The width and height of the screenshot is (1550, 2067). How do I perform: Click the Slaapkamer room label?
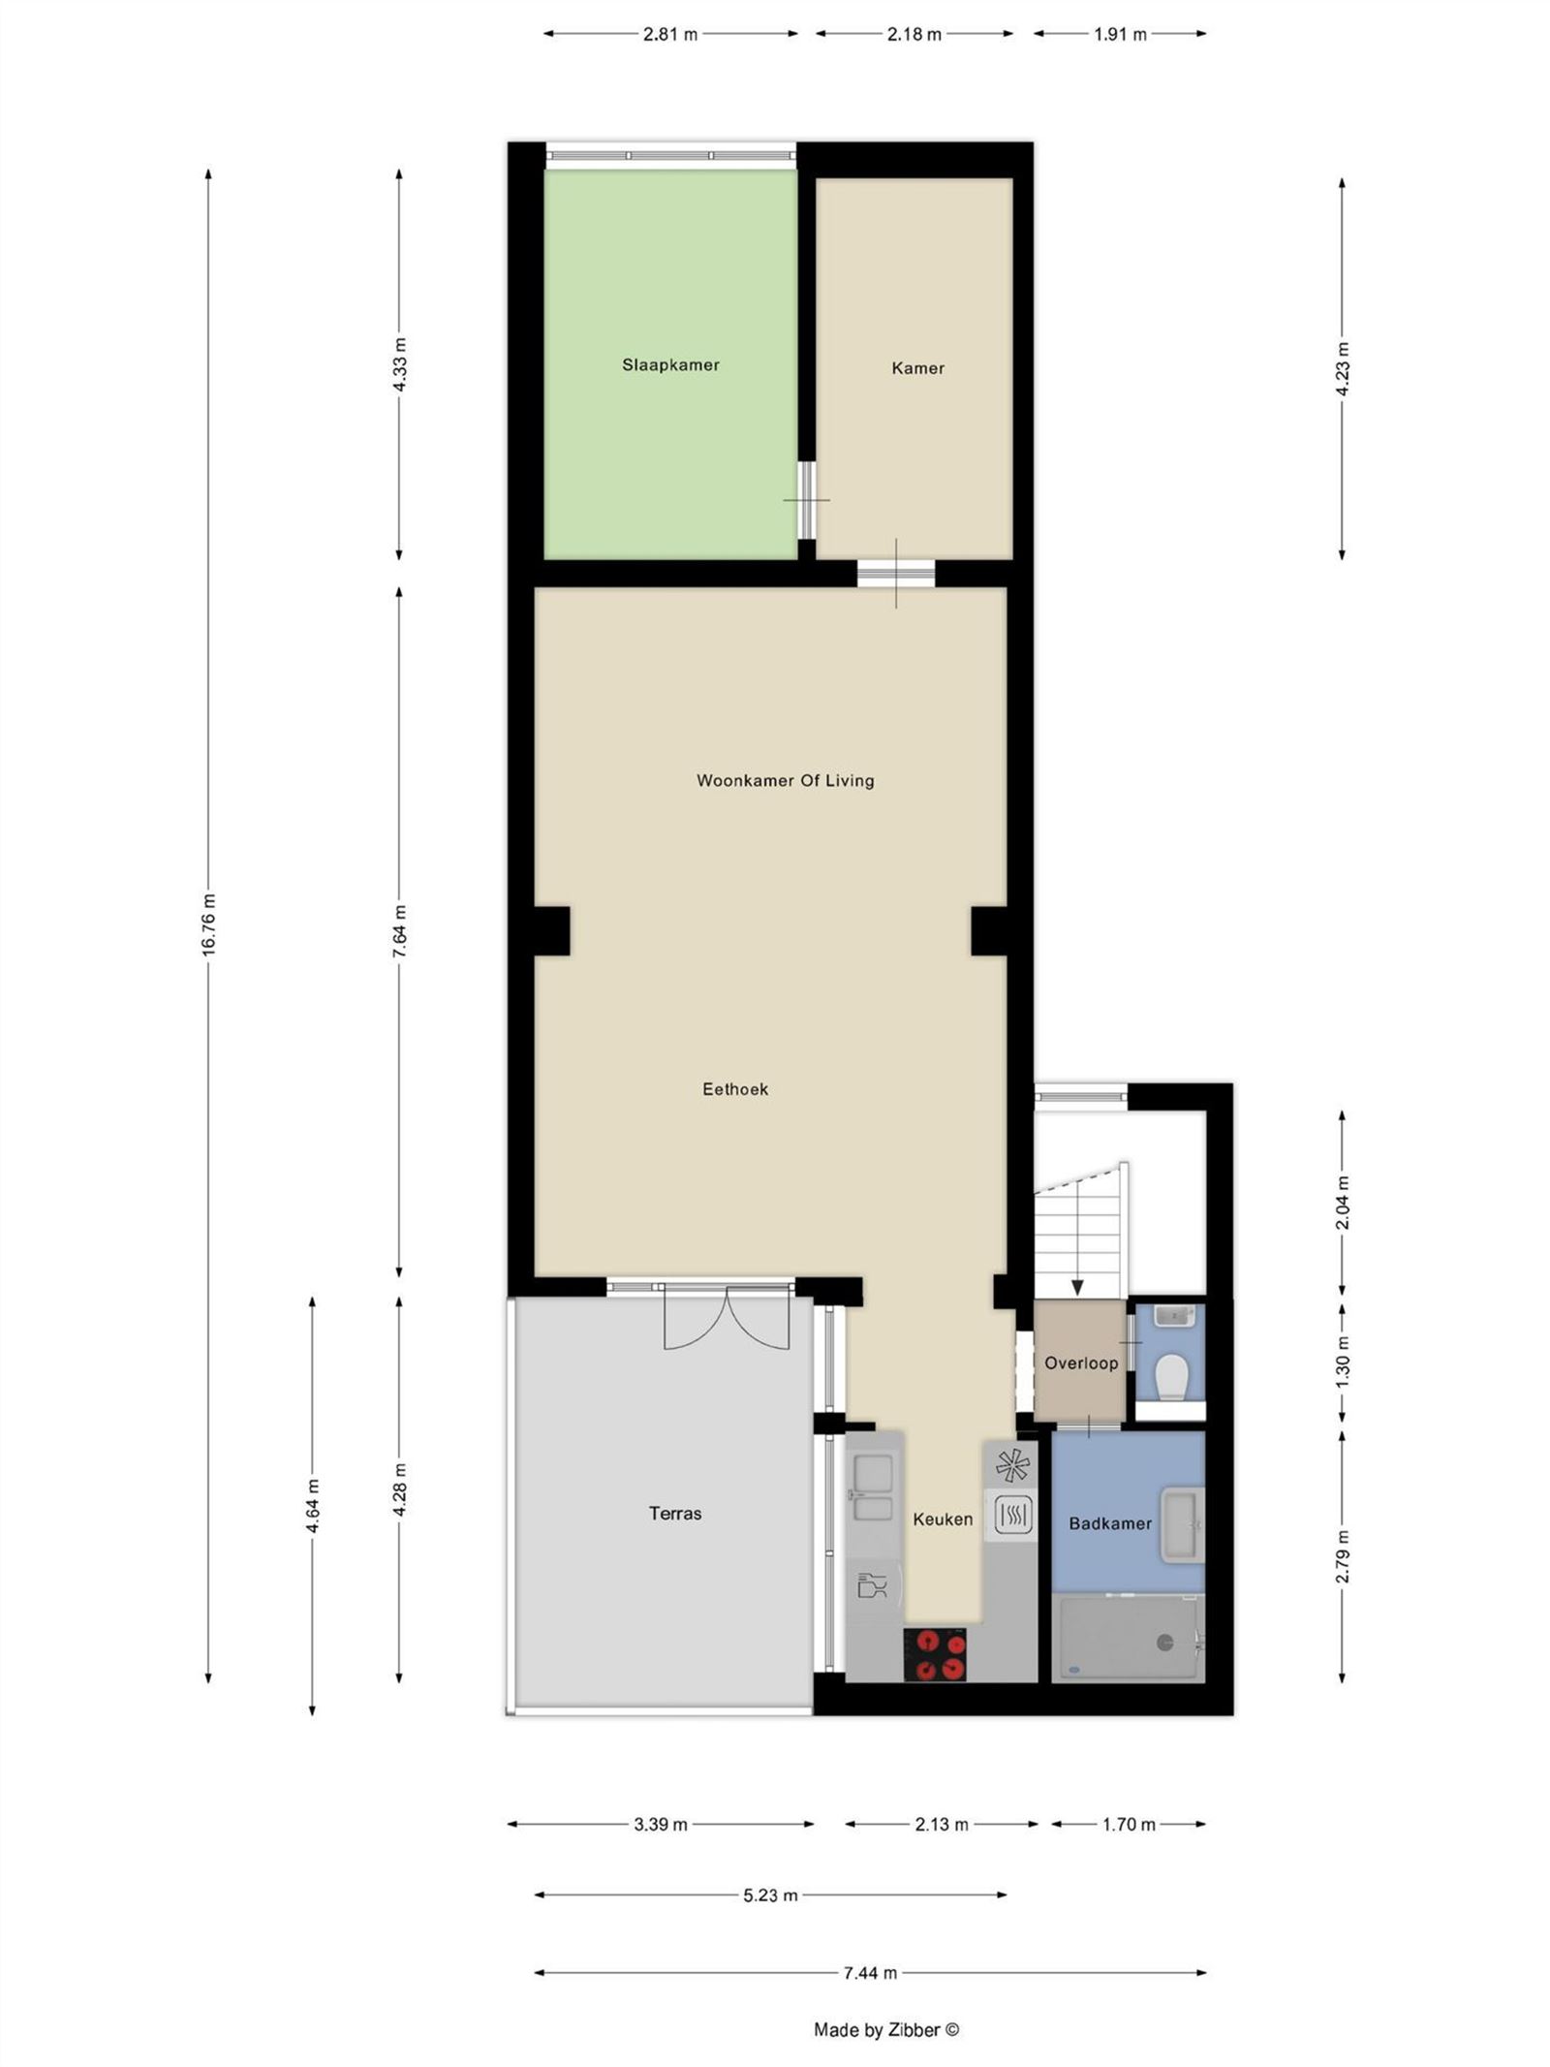click(x=670, y=365)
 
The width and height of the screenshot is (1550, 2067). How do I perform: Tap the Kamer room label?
click(x=917, y=368)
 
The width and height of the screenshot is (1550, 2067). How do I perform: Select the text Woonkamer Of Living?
click(x=785, y=780)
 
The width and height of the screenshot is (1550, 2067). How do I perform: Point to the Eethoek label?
click(x=735, y=1089)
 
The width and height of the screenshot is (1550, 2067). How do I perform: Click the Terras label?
click(x=675, y=1513)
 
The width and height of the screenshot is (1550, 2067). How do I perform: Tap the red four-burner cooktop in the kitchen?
click(x=935, y=1653)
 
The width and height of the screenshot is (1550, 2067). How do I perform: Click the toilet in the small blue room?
click(x=1172, y=1376)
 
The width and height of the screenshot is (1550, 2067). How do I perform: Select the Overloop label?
click(x=1081, y=1363)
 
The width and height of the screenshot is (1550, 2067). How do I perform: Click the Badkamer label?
click(x=1110, y=1523)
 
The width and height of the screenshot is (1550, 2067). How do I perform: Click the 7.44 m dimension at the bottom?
click(x=870, y=1972)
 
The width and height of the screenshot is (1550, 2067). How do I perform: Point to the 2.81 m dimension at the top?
click(x=669, y=35)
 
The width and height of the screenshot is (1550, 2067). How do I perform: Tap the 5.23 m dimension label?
click(x=770, y=1895)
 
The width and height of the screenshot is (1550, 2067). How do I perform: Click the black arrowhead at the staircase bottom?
click(x=1077, y=1287)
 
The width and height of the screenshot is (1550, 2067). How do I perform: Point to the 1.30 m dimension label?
click(x=1342, y=1362)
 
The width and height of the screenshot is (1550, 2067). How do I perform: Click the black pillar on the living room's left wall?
click(x=552, y=930)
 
